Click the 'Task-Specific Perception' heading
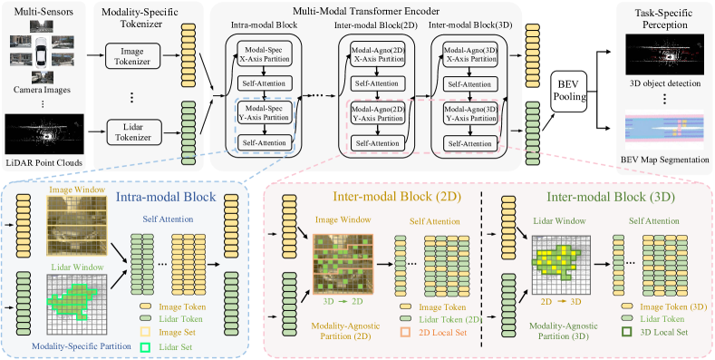click(x=662, y=16)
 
